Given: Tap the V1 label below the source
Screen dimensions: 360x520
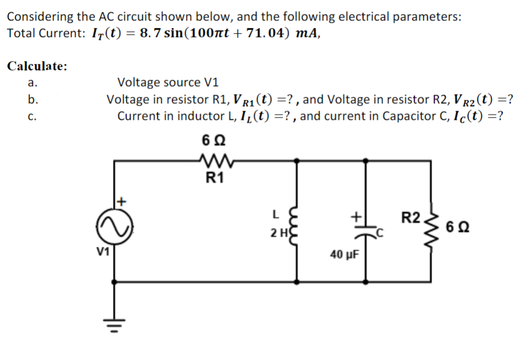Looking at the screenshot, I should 104,250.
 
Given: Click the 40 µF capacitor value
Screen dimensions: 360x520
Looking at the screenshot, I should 343,253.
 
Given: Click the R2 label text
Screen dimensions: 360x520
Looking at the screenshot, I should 411,217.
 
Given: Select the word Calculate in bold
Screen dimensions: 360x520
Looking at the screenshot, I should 37,66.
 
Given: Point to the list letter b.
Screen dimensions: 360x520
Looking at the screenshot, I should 33,100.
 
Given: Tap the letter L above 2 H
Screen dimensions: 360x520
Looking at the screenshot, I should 275,215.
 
